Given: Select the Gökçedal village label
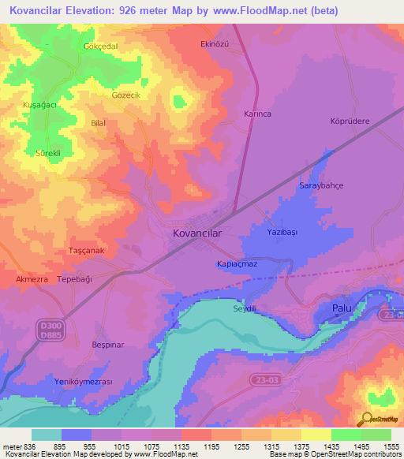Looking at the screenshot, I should click(100, 47).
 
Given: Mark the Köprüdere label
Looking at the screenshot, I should click(349, 121).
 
